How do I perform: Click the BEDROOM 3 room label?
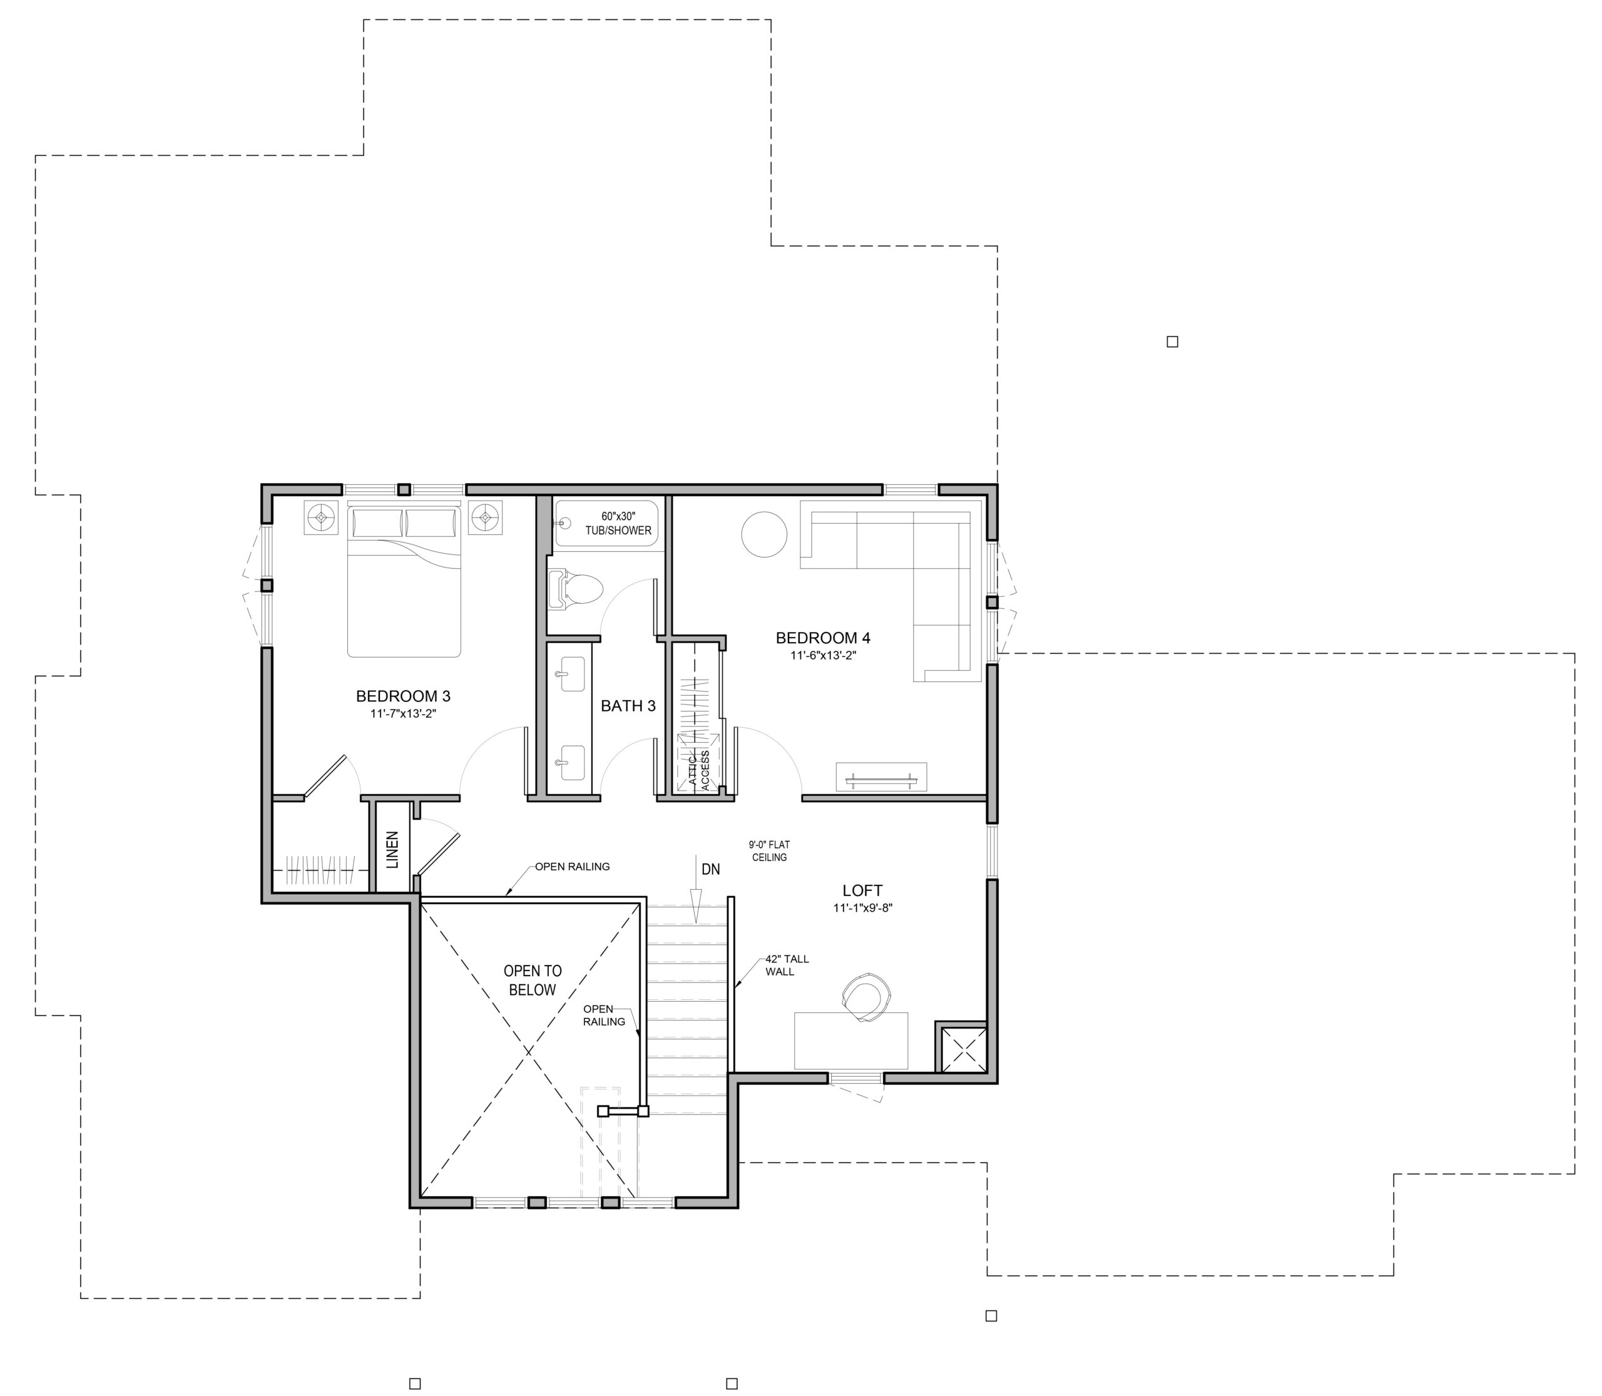tap(403, 696)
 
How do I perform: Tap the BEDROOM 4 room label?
tap(823, 638)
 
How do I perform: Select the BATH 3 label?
tap(628, 706)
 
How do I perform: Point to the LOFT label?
tap(862, 890)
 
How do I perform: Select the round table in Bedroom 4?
tap(763, 534)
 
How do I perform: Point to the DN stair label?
tap(711, 869)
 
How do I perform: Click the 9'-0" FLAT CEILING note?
tap(770, 851)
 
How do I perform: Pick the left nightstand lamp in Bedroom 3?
tap(320, 516)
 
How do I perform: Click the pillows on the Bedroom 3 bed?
tap(404, 522)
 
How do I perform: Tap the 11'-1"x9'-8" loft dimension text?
tap(862, 907)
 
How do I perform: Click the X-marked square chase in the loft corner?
tap(964, 1050)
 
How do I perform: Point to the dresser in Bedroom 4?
tap(881, 777)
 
